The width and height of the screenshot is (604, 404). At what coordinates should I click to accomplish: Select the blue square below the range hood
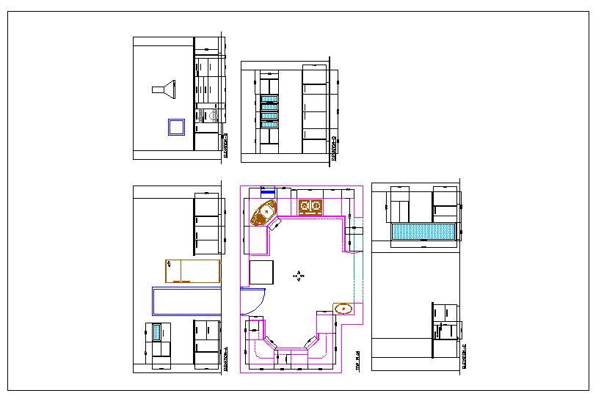[x=176, y=128]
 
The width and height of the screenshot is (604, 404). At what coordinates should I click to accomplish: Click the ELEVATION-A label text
[x=225, y=359]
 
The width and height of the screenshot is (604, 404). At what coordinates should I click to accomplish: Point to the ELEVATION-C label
[x=464, y=358]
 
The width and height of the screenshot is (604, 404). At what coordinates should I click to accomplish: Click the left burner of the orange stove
[x=304, y=206]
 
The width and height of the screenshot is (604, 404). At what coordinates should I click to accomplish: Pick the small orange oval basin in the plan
[x=343, y=309]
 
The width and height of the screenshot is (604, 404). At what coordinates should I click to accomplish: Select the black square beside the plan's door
[x=262, y=273]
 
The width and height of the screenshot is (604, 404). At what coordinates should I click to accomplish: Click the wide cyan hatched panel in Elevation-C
[x=424, y=232]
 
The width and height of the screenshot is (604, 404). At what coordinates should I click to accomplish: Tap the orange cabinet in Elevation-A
[x=193, y=271]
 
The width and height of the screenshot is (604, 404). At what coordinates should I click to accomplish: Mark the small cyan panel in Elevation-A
[x=156, y=332]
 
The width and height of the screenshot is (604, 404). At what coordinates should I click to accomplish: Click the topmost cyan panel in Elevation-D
[x=269, y=98]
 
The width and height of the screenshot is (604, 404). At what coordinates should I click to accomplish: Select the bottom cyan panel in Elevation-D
[x=269, y=125]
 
